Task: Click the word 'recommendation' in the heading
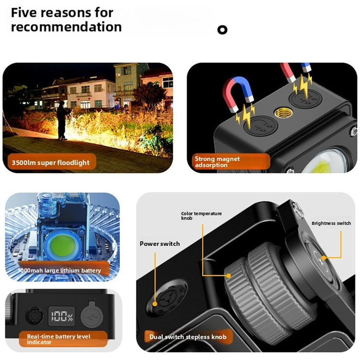pos(66,27)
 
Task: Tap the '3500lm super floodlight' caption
pos(50,163)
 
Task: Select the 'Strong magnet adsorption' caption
pos(217,162)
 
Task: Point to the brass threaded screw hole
pos(283,113)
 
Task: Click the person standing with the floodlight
pos(62,120)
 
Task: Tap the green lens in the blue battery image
pos(62,246)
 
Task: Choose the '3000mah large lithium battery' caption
pos(59,271)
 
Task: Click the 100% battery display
pos(62,316)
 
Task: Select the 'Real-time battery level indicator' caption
pos(59,339)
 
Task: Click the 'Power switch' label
pos(160,244)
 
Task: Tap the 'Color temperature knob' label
pos(202,215)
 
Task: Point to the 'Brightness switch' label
pos(331,223)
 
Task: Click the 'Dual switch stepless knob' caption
pos(188,337)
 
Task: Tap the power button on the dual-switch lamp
pos(167,298)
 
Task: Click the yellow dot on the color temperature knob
pos(228,276)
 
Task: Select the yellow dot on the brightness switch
pos(323,258)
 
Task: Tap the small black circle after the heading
pos(222,30)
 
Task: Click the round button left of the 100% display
pos(34,316)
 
